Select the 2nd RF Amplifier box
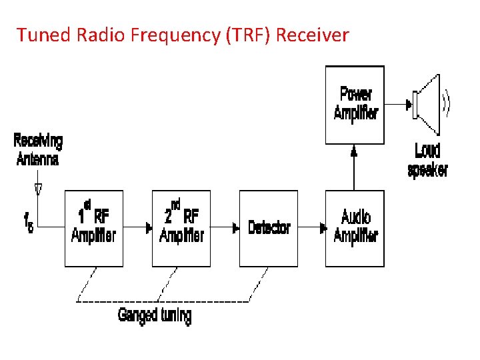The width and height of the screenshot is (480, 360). click(181, 228)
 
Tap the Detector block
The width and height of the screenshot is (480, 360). click(269, 228)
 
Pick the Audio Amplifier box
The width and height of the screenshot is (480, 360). click(355, 228)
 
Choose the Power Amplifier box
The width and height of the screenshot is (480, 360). click(355, 105)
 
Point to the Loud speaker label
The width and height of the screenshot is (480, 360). click(427, 160)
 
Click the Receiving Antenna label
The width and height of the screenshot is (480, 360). click(38, 150)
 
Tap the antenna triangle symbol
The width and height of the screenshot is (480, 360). click(38, 188)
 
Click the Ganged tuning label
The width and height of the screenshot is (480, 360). click(155, 315)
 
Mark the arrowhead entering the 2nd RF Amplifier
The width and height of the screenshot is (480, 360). click(149, 228)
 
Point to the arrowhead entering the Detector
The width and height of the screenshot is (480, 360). click(235, 228)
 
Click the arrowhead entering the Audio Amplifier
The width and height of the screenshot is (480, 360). click(322, 228)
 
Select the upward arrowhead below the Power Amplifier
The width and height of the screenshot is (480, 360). click(354, 151)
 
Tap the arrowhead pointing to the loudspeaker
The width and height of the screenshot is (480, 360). click(407, 104)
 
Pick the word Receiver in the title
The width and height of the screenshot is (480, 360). click(312, 35)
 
